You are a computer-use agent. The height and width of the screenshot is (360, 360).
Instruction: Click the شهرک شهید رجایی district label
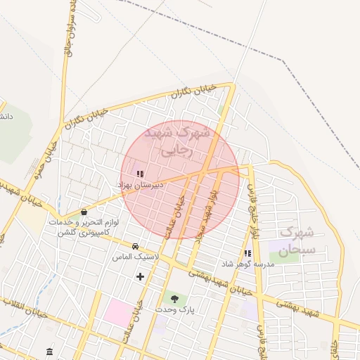[x=176, y=140]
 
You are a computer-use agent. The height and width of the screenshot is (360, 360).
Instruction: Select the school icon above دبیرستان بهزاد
[x=139, y=173]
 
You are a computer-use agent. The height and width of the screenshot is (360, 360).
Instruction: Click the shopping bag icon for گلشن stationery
[x=84, y=211]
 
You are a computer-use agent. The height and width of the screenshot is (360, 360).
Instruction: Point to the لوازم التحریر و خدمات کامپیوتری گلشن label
[x=84, y=226]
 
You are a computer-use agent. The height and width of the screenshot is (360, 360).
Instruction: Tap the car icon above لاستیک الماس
[x=134, y=246]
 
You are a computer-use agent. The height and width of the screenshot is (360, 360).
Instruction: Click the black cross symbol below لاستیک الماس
[x=140, y=276]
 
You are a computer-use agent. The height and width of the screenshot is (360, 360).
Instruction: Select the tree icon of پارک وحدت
[x=174, y=298]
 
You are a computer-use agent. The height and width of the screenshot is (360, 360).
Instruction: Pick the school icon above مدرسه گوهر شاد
[x=247, y=253]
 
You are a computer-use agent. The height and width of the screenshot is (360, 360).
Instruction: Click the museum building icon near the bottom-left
[x=49, y=351]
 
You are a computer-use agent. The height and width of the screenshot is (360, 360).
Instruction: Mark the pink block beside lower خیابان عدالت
[x=117, y=312]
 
